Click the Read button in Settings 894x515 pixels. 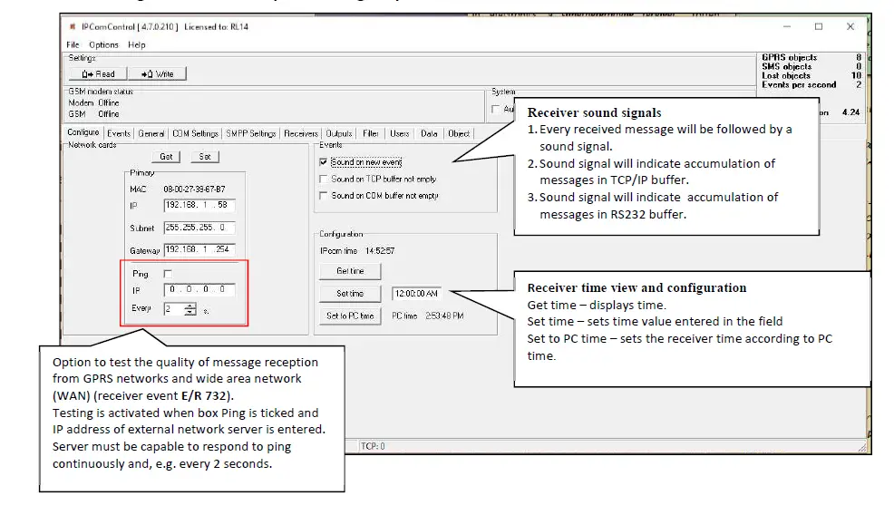pos(98,73)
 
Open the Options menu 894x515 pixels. pos(103,44)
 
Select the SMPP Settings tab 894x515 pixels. pos(250,133)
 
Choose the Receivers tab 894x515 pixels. pos(301,133)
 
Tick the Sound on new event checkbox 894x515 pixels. pos(324,162)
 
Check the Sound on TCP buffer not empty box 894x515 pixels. pos(324,179)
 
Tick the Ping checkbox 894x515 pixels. pos(167,273)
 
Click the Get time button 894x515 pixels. pos(350,271)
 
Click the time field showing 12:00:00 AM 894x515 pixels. pos(415,294)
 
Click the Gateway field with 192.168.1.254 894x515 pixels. pos(199,250)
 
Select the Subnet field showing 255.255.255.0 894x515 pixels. pos(199,228)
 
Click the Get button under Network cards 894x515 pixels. pos(166,157)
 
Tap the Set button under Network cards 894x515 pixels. pos(204,157)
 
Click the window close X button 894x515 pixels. pos(850,27)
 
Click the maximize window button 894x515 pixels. pos(818,27)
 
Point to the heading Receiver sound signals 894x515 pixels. pos(594,113)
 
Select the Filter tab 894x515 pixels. pos(371,133)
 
